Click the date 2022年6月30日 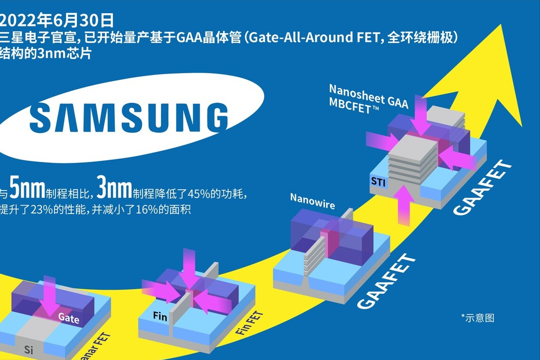[x=56, y=20]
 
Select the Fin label [x=160, y=315]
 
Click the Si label [x=29, y=350]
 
